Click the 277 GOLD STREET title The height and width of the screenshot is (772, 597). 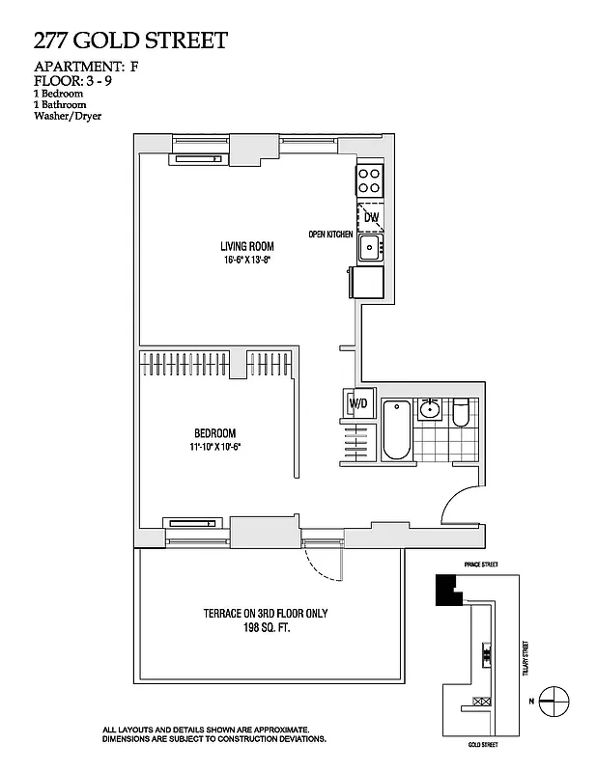130,41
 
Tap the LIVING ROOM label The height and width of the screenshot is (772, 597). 247,246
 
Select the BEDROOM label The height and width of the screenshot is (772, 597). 214,433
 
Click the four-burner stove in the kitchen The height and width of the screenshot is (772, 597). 370,180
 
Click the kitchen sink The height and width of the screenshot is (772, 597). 370,249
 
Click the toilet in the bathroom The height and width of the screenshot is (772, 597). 462,413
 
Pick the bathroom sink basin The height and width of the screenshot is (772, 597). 431,411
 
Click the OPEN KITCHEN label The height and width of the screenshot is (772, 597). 330,234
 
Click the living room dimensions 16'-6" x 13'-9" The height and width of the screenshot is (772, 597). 247,260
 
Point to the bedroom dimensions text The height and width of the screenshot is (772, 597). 214,447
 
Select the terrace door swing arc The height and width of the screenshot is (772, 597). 326,565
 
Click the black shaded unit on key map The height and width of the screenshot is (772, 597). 446,589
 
